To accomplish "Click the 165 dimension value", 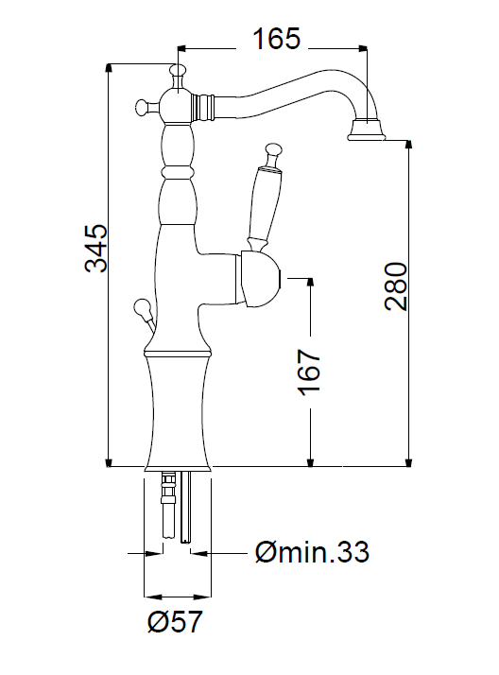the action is click(276, 39).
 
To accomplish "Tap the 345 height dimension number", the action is click(95, 249).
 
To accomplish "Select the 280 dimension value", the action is click(396, 286).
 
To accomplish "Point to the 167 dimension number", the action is click(309, 372).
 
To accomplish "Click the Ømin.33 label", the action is click(312, 552).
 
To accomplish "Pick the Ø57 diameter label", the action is click(175, 622).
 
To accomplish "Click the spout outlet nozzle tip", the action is click(366, 130).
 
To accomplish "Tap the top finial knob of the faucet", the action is click(178, 72).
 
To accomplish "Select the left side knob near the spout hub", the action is click(145, 106).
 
